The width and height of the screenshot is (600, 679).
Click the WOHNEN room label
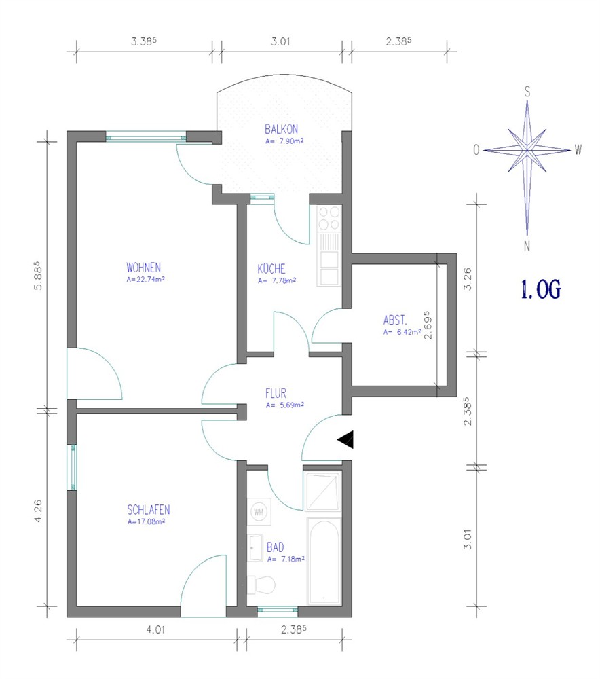[143, 267]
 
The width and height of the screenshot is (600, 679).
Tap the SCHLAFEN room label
[149, 510]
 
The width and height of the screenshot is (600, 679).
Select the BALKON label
[282, 129]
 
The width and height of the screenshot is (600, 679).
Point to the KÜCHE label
[271, 268]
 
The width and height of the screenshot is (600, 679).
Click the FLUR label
[276, 393]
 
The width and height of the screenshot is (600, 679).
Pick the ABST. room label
[395, 320]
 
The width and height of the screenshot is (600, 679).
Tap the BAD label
[276, 547]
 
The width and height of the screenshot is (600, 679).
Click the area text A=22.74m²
[145, 279]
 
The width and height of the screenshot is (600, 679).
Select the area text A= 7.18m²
[286, 559]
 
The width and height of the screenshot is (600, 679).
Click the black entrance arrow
[346, 439]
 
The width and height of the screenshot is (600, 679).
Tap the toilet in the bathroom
[261, 585]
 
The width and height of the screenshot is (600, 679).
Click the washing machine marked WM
[259, 512]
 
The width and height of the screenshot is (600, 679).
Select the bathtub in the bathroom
[323, 562]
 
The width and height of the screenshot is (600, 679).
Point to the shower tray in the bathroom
[323, 492]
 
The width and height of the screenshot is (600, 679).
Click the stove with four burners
[329, 218]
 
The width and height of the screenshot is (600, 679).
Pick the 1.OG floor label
[541, 289]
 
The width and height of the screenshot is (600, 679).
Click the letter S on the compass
[527, 92]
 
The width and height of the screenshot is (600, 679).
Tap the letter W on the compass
[578, 150]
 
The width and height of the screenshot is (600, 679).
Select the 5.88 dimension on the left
[38, 276]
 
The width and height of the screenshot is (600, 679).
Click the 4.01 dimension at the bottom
[155, 629]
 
